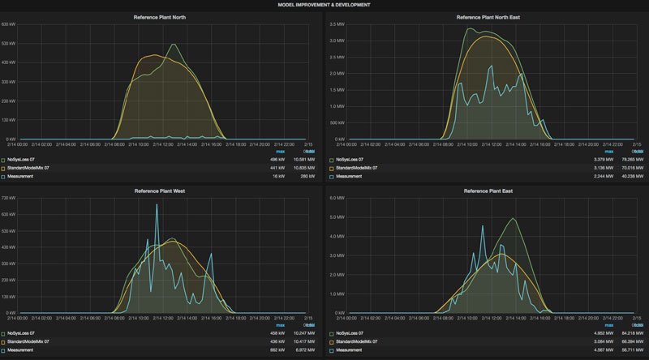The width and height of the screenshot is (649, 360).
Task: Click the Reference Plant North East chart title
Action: (487, 16)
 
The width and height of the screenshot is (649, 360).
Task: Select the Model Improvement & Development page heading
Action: (324, 4)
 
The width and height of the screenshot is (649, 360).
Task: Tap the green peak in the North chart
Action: (174, 45)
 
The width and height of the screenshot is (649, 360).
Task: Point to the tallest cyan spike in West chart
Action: (157, 205)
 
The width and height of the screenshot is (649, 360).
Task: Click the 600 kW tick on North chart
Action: (9, 24)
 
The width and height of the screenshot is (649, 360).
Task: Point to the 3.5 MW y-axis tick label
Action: (335, 24)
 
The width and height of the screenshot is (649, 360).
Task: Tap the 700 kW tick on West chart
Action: (9, 198)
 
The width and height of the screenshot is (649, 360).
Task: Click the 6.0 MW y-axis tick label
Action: (335, 198)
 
